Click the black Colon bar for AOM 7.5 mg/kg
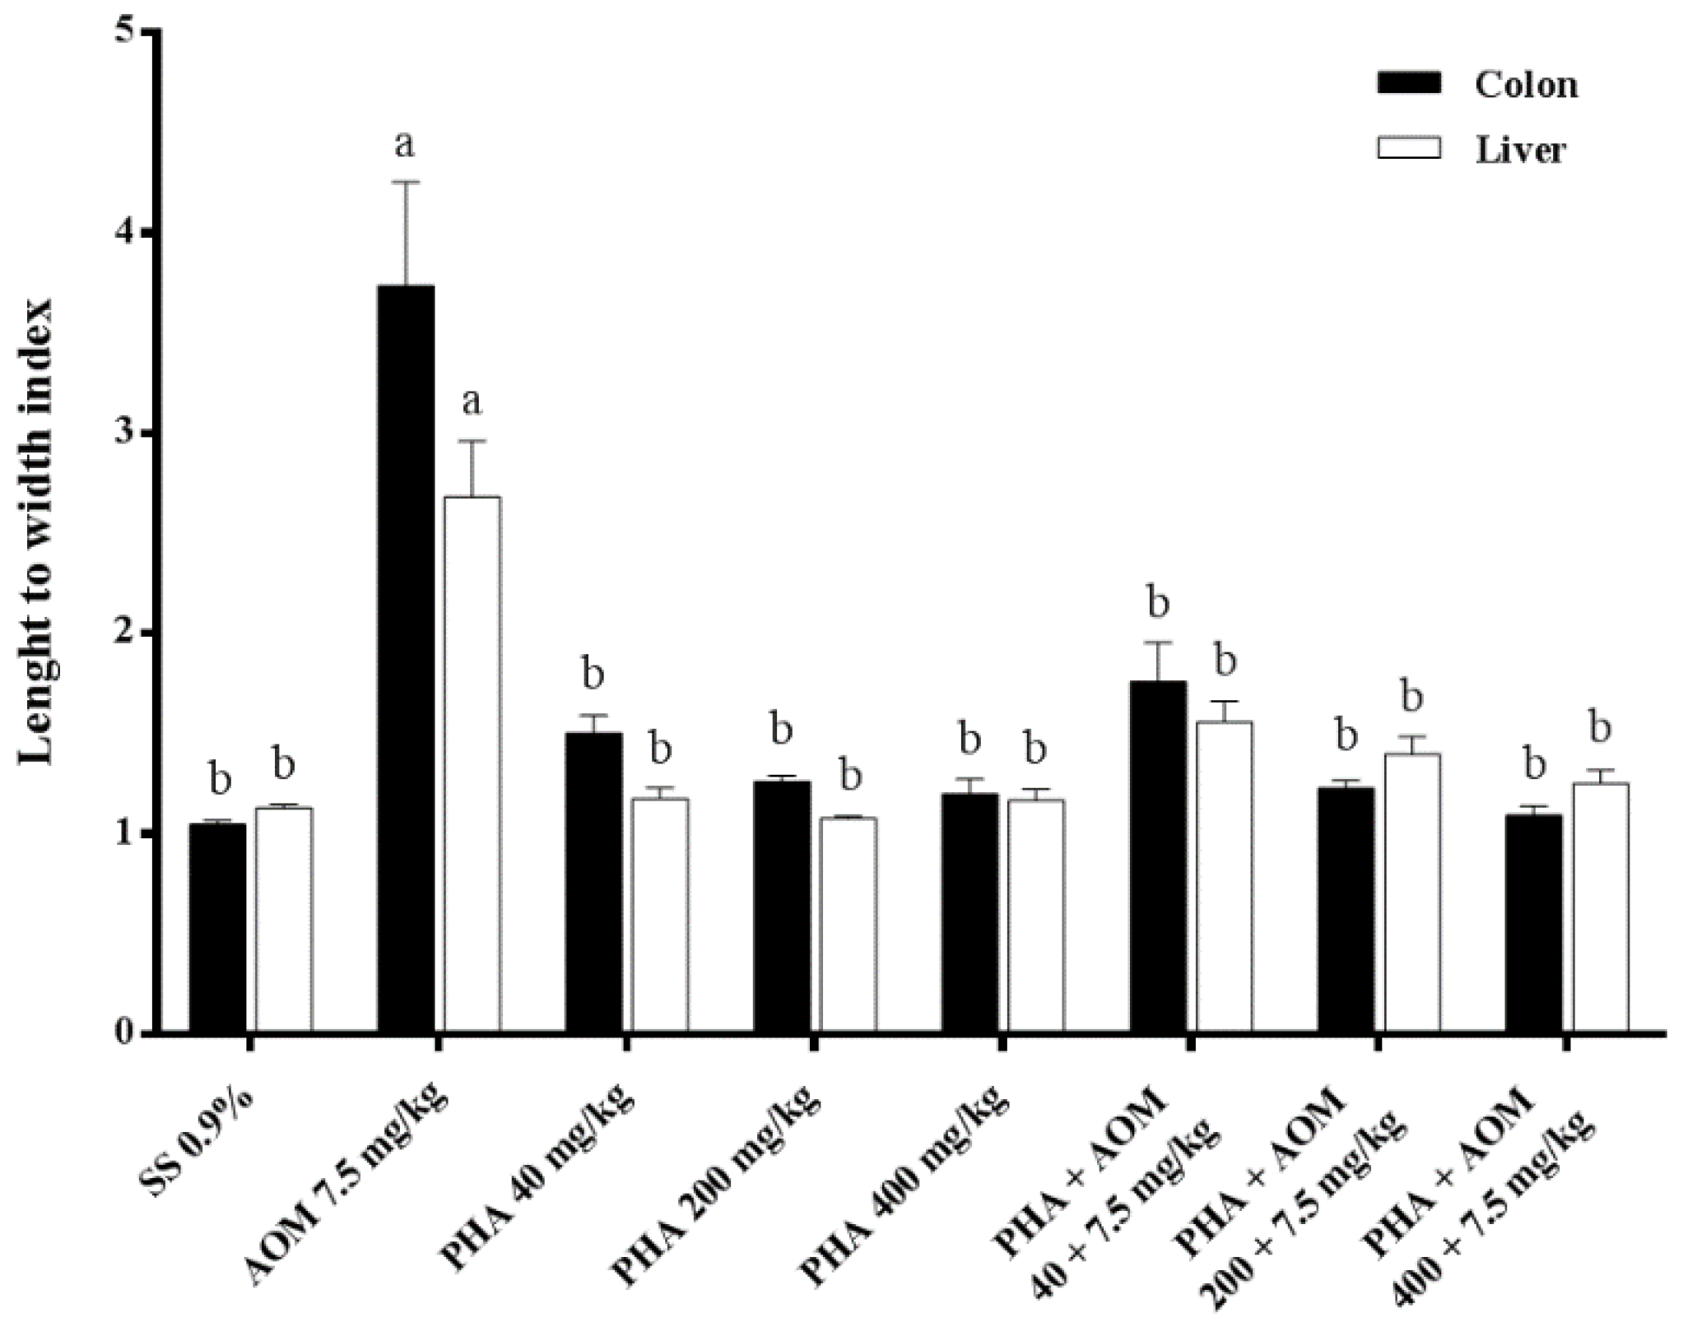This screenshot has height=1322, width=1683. click(406, 658)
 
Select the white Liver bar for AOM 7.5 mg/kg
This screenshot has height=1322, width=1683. click(472, 765)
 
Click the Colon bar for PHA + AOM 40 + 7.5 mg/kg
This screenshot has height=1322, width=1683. click(1158, 856)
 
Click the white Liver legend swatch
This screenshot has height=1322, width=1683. click(1408, 149)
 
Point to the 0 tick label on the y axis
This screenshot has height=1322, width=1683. click(125, 1033)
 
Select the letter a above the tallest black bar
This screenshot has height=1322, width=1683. click(404, 145)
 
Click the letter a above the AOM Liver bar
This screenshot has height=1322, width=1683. click(471, 402)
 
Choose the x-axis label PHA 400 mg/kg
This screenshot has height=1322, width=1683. click(905, 1185)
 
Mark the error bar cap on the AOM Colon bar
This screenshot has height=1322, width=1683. click(406, 183)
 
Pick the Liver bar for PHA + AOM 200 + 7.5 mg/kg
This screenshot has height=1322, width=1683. click(1411, 893)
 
